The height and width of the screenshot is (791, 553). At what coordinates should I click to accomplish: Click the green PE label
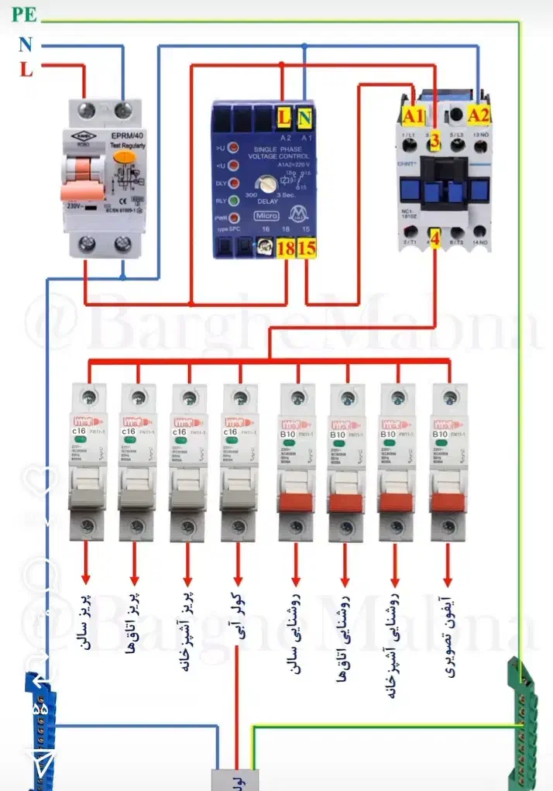tap(23, 14)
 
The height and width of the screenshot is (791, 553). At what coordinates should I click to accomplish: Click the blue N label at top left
tap(26, 45)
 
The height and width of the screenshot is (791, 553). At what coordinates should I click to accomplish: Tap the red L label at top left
tap(26, 70)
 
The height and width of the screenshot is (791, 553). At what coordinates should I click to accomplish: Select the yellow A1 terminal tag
tap(415, 115)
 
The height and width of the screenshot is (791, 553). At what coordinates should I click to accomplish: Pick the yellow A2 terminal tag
tap(479, 115)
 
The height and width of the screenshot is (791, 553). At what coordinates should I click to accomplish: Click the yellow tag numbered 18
tap(285, 249)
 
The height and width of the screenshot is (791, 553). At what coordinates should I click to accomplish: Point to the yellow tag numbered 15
tap(307, 249)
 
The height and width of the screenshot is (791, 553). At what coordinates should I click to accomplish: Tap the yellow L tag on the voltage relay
tap(284, 118)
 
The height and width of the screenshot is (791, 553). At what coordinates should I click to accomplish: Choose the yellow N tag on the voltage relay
tap(304, 118)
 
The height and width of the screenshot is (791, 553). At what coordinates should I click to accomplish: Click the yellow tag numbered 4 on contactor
tap(435, 238)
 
